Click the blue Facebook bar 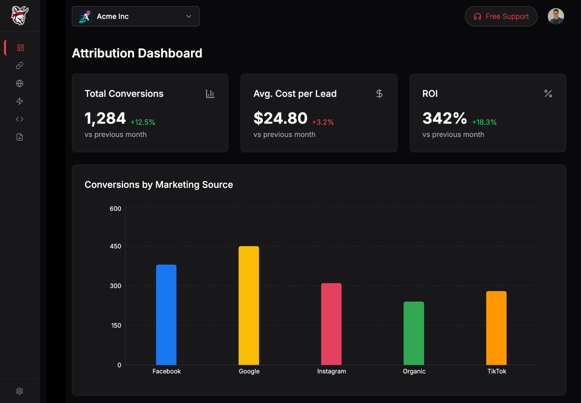(166, 315)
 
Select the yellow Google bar (249, 305)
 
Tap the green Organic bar (414, 333)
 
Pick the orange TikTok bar (496, 328)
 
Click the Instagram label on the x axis (331, 371)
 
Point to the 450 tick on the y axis (115, 246)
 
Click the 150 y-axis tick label (116, 325)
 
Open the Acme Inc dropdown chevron (189, 16)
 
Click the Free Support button (501, 16)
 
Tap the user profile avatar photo (556, 16)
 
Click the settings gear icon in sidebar (20, 391)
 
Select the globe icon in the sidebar (20, 83)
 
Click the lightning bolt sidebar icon (20, 101)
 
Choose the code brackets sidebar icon (20, 119)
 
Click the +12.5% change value (143, 122)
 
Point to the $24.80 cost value (280, 118)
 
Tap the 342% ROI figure (444, 118)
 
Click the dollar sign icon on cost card (379, 93)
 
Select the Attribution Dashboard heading (137, 53)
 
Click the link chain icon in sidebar (20, 65)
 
